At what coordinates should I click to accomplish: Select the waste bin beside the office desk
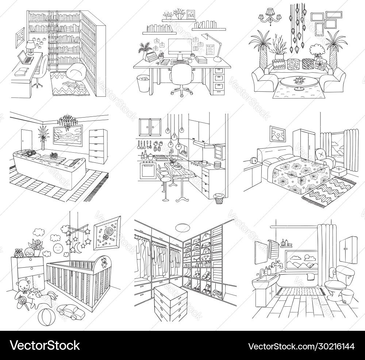(143, 83)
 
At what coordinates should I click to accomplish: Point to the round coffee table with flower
(298, 82)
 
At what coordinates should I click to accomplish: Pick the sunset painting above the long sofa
(68, 135)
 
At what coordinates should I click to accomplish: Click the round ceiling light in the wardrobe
(182, 227)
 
